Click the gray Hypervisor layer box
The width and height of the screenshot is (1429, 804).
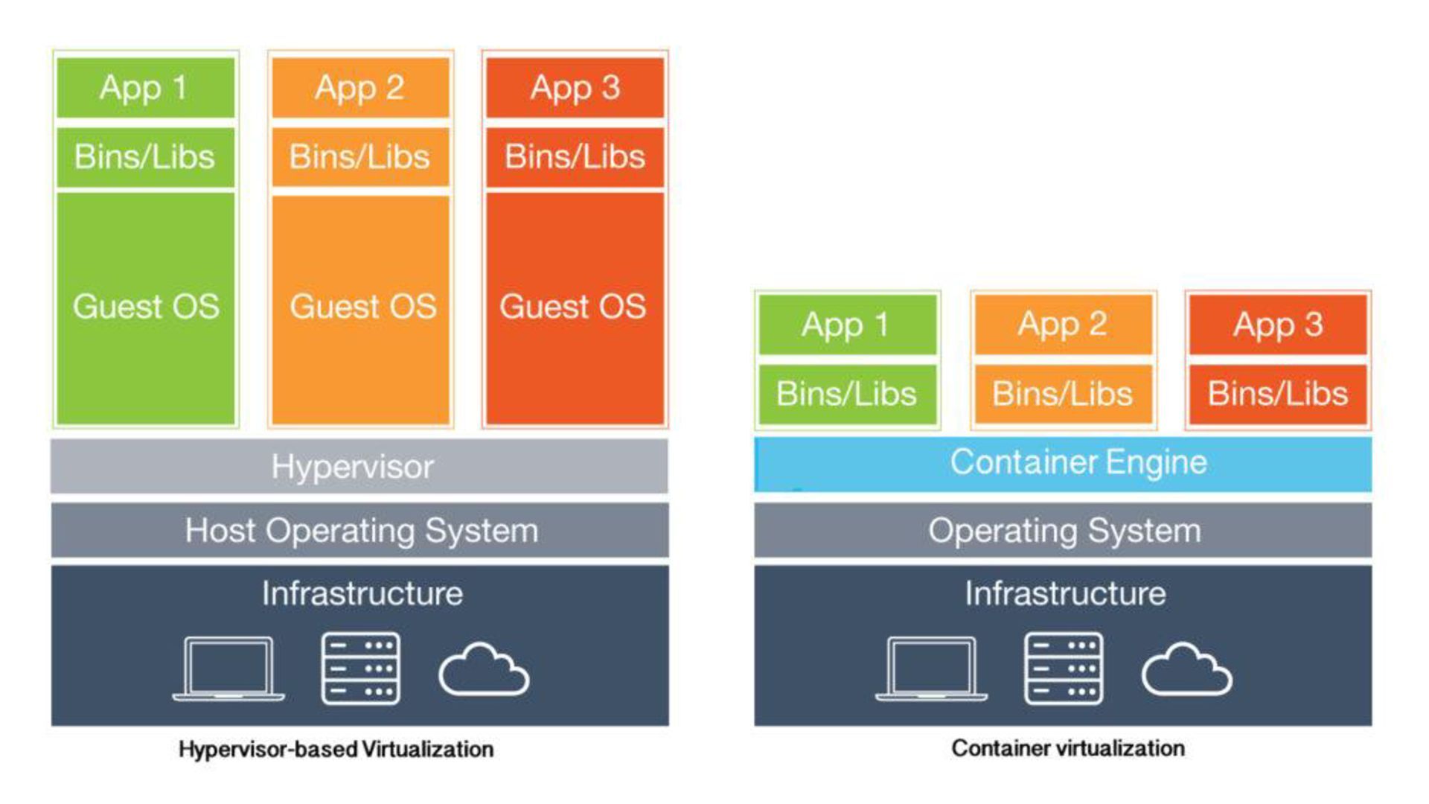[359, 466]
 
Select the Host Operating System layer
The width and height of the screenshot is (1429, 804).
[359, 530]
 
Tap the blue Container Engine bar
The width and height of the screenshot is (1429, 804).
[1063, 464]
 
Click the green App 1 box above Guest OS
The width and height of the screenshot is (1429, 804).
[146, 87]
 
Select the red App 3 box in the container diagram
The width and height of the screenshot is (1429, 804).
[1278, 325]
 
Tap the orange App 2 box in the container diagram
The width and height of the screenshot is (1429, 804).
[1064, 325]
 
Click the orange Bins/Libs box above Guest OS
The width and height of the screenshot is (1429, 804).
[361, 157]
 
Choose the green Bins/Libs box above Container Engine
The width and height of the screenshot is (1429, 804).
[848, 395]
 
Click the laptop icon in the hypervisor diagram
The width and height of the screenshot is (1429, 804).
[228, 669]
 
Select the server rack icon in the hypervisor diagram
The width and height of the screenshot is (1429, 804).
[361, 669]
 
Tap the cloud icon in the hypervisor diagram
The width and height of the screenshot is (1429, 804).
[484, 670]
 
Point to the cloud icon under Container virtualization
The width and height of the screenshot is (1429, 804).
[1187, 670]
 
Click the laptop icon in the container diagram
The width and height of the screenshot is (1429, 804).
[932, 669]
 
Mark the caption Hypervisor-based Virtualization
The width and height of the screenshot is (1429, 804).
[336, 749]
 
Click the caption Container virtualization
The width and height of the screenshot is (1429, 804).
[1068, 748]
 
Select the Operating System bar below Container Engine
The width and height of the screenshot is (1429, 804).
[1063, 530]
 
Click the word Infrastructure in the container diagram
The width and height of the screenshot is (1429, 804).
[1065, 593]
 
